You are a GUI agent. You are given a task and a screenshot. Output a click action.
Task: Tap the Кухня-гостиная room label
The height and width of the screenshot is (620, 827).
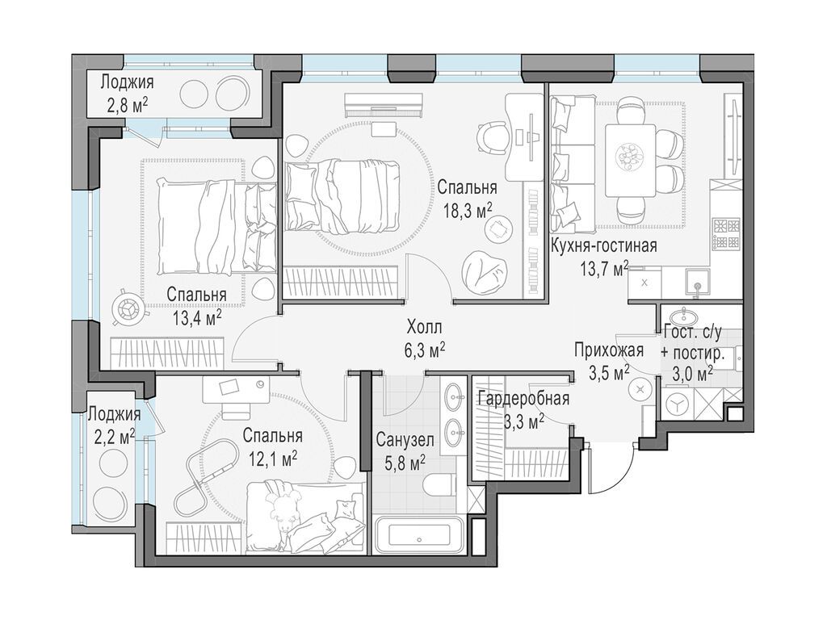603,245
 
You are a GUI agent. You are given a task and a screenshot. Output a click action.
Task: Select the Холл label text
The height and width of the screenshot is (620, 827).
424,328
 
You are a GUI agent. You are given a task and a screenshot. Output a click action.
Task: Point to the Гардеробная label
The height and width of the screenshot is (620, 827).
523,399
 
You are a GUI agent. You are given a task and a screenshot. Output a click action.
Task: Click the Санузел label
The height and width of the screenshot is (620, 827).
405,440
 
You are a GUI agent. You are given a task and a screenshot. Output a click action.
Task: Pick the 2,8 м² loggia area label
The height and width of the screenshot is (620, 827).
127,107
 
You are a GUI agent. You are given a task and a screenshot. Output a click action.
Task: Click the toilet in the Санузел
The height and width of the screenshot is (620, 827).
439,484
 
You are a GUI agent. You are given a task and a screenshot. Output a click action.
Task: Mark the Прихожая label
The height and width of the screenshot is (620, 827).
609,350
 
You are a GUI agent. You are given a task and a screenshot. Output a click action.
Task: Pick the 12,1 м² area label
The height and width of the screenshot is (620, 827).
272,460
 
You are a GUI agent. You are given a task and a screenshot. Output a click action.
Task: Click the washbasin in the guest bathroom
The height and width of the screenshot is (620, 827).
683,316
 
